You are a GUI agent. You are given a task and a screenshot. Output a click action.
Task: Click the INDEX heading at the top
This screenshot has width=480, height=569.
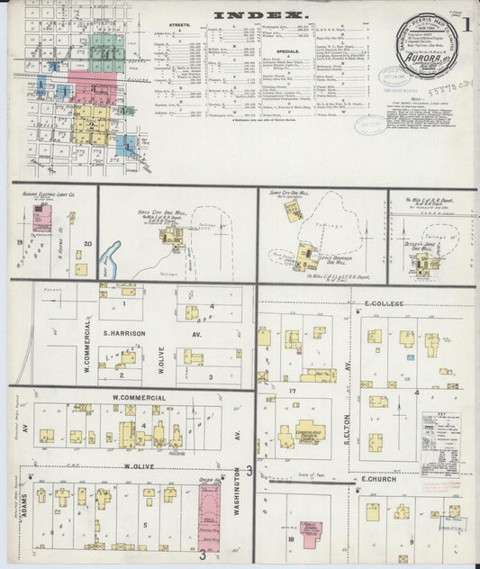(x=260, y=15)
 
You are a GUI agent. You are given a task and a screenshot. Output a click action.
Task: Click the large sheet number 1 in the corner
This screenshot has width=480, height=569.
(x=466, y=24)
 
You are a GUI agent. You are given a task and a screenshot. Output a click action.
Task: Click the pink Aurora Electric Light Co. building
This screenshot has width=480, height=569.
(x=41, y=218)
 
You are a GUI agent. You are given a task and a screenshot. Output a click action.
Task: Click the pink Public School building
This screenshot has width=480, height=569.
(x=312, y=535)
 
